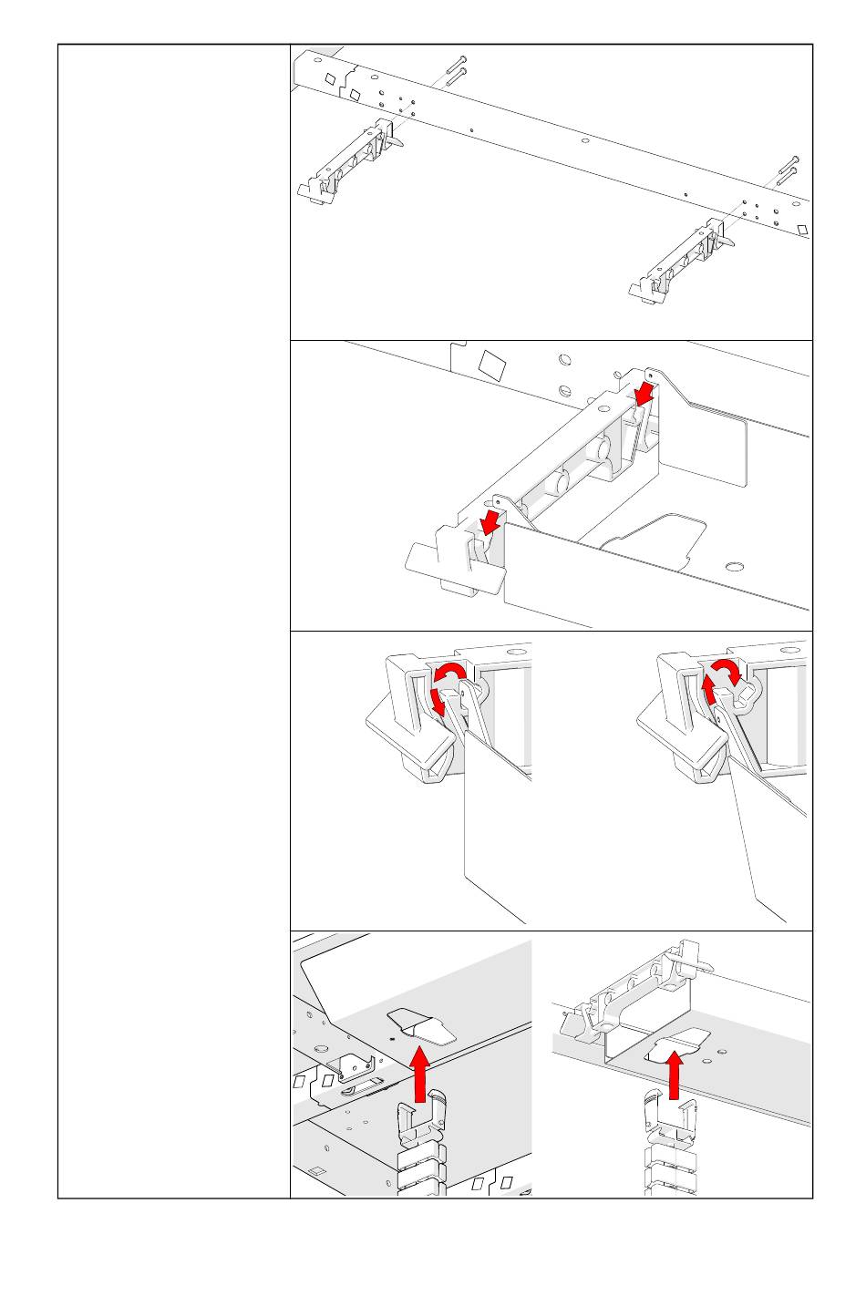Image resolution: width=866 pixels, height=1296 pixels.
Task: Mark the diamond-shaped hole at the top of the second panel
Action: (492, 365)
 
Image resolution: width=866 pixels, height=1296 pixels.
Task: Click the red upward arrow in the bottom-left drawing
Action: (419, 1074)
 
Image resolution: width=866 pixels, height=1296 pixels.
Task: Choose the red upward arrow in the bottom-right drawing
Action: (675, 1076)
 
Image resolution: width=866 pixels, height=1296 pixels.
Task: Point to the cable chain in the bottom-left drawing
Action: (421, 1148)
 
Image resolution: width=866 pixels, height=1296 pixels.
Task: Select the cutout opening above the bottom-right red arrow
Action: (676, 1044)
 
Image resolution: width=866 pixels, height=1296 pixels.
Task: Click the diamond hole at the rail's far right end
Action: (802, 229)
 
